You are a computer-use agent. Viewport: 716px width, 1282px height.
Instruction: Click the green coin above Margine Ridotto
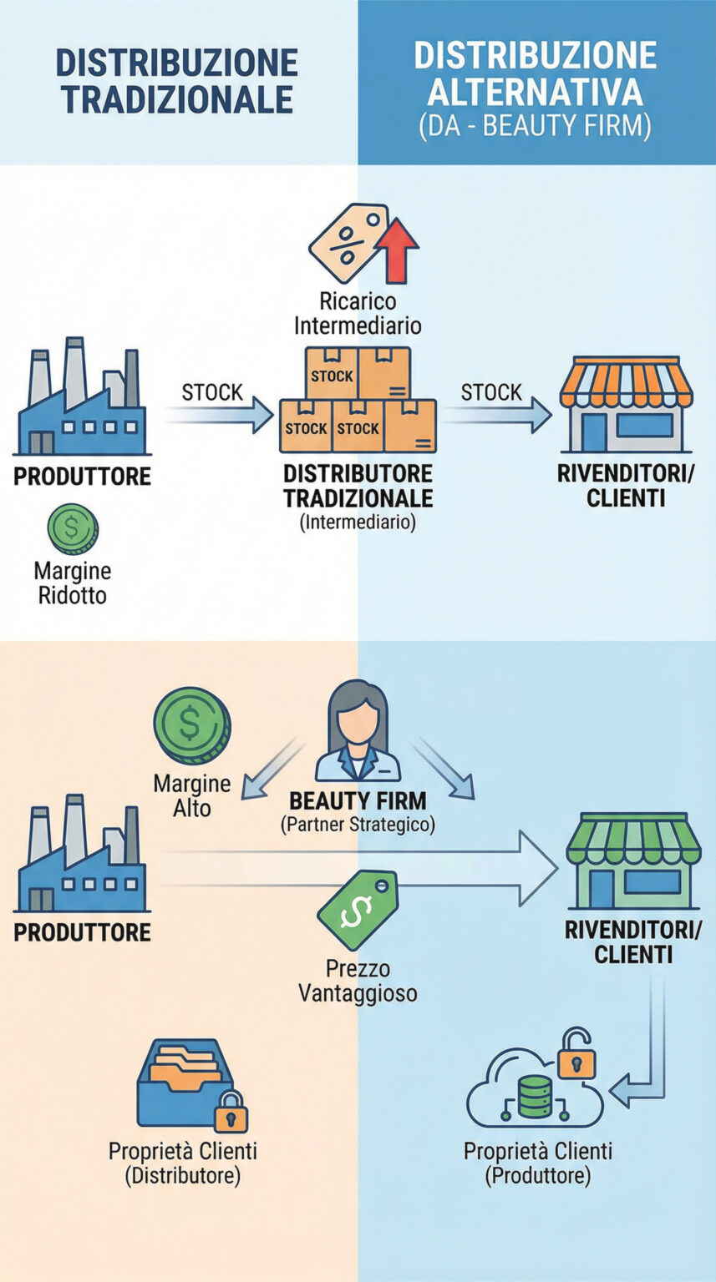[x=73, y=528]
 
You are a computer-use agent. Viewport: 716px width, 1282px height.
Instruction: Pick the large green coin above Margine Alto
[x=192, y=725]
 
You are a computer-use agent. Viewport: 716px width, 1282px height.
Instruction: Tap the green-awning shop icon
[x=633, y=861]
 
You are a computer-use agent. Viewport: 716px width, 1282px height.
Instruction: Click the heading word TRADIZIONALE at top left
[x=178, y=99]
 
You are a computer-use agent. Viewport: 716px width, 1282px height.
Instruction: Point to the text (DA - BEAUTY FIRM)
[x=535, y=126]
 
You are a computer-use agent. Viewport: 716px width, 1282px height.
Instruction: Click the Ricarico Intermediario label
[x=358, y=313]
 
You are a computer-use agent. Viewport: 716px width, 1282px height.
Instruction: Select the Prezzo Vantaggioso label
[x=358, y=981]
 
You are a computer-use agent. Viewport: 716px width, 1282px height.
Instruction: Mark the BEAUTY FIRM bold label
[x=358, y=800]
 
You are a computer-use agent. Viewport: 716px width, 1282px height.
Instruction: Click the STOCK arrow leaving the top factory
[x=218, y=416]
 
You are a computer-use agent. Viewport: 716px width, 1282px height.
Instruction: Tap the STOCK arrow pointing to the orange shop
[x=497, y=415]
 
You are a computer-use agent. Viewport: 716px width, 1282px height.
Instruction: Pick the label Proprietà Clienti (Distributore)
[x=183, y=1163]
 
